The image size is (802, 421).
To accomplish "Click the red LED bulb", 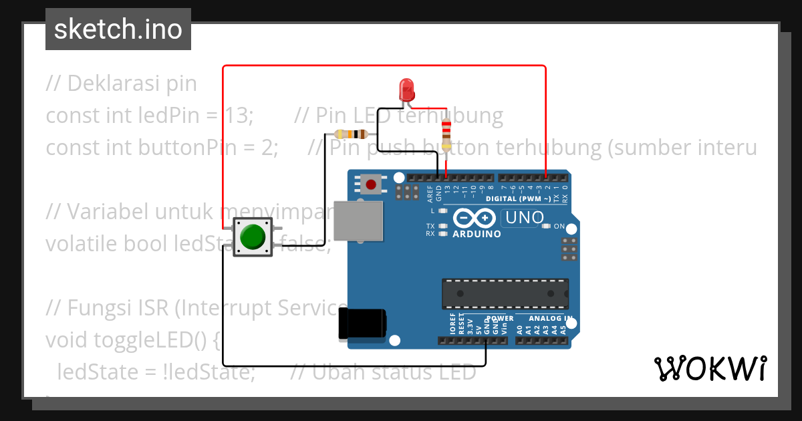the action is pyautogui.click(x=406, y=89).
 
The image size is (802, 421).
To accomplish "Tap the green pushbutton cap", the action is pyautogui.click(x=253, y=237).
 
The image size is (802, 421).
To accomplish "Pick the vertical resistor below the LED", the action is pyautogui.click(x=446, y=133).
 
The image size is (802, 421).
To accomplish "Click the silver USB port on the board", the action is pyautogui.click(x=359, y=220).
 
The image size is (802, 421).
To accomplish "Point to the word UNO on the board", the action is pyautogui.click(x=525, y=218).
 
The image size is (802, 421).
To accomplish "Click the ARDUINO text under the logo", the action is pyautogui.click(x=477, y=235).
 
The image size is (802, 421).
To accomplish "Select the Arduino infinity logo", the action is pyautogui.click(x=474, y=218).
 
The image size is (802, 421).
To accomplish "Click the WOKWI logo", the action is pyautogui.click(x=710, y=368).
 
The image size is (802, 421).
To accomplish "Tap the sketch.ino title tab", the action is pyautogui.click(x=118, y=29).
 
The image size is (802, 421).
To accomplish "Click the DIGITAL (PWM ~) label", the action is pyautogui.click(x=519, y=198).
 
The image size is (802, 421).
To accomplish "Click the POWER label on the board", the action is pyautogui.click(x=500, y=318).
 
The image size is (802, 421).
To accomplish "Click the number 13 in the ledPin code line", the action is pyautogui.click(x=237, y=116).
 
